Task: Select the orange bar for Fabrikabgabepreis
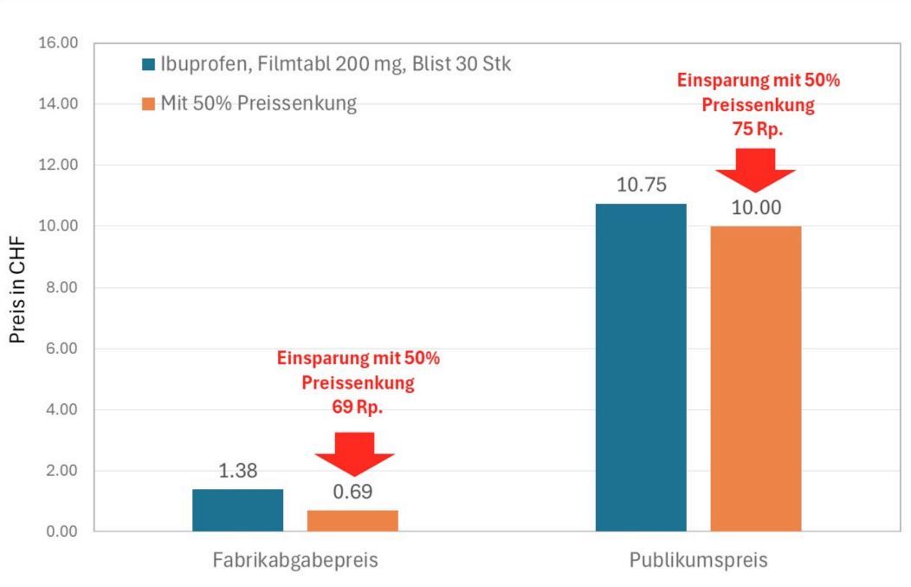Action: click(x=352, y=520)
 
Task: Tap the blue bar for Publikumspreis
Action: click(x=641, y=367)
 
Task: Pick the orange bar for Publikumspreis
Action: click(x=755, y=378)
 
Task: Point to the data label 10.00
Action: click(x=756, y=207)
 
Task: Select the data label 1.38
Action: click(x=237, y=471)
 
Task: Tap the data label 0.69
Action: click(x=352, y=492)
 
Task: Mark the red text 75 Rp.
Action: click(x=757, y=128)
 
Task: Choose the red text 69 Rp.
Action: click(x=358, y=408)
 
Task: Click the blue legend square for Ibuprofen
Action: click(x=149, y=65)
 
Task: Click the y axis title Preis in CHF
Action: click(x=17, y=287)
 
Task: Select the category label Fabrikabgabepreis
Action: click(x=295, y=560)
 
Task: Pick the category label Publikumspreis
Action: click(x=698, y=560)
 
